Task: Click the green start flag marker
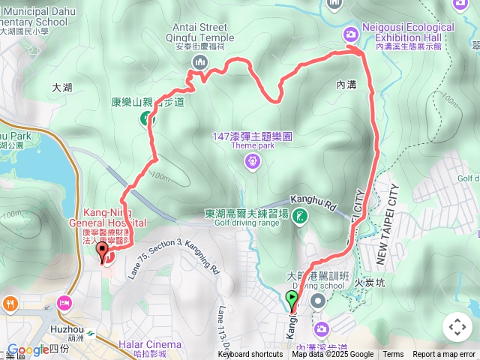[292, 299]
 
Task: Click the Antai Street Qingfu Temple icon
[199, 63]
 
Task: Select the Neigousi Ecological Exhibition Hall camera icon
[350, 34]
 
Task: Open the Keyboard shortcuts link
[250, 355]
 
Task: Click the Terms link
[392, 355]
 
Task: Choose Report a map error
[443, 355]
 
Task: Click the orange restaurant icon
[10, 304]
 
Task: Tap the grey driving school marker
[318, 301]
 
